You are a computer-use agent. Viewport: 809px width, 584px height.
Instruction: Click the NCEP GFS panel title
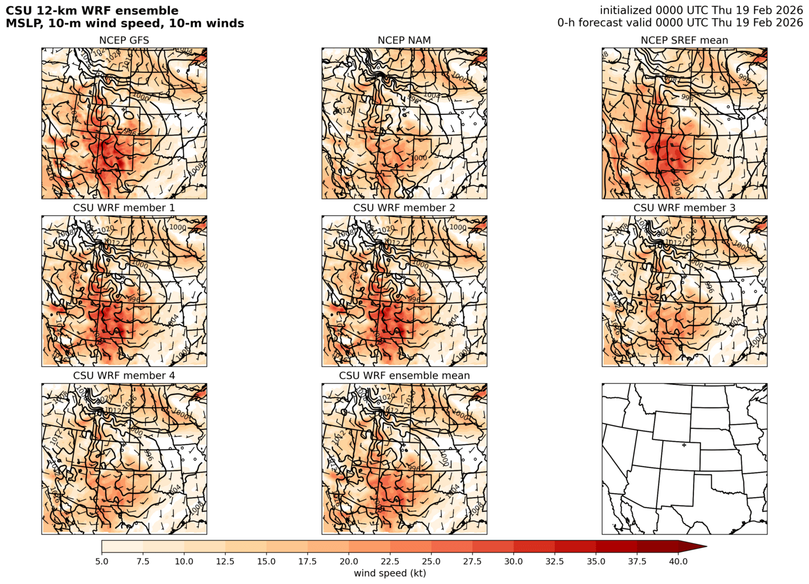point(124,40)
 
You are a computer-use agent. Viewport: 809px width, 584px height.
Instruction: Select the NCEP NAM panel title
point(404,40)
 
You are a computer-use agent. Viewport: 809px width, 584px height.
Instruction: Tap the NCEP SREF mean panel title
point(684,40)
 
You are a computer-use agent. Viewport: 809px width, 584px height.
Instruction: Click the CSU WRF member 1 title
point(124,208)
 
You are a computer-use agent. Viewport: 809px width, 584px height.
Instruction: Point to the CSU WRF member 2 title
point(404,208)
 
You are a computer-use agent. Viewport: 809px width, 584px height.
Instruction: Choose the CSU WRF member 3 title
point(684,208)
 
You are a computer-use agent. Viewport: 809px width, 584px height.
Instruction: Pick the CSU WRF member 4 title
point(124,375)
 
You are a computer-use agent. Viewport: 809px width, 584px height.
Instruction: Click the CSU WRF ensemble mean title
point(404,375)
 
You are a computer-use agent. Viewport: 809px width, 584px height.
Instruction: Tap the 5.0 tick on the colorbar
point(101,561)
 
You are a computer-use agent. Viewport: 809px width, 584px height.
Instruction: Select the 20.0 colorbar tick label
point(349,561)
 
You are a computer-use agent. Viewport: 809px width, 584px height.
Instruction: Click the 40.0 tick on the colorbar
point(678,561)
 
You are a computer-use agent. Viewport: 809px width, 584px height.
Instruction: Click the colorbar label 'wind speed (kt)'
point(390,573)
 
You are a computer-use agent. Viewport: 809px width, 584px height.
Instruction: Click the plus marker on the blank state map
point(684,445)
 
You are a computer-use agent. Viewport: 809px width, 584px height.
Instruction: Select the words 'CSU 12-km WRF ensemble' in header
point(92,11)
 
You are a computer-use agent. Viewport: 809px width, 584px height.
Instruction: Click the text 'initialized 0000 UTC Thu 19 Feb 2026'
point(701,10)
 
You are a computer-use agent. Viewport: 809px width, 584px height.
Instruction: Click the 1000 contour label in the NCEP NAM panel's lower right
point(418,158)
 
